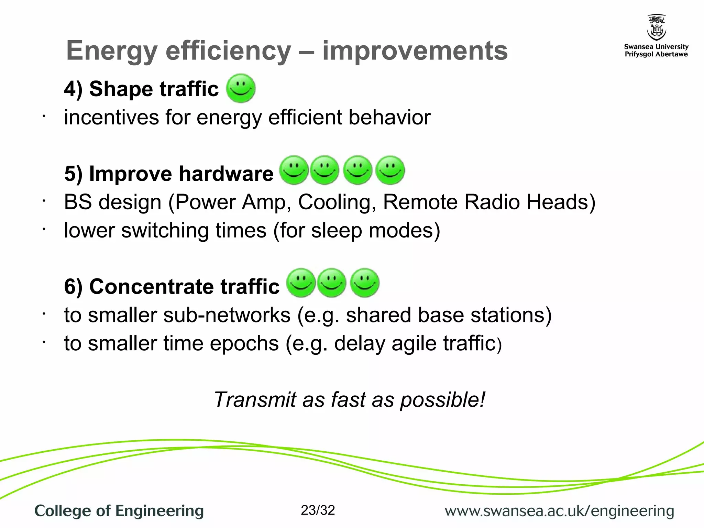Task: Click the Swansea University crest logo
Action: [x=656, y=27]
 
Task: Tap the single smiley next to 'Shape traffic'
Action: [x=241, y=88]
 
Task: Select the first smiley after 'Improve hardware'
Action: [x=294, y=170]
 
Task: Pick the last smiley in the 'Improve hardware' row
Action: [x=390, y=170]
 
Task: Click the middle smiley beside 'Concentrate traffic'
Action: [x=331, y=283]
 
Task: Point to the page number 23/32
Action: [x=318, y=510]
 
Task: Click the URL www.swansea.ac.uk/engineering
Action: [x=559, y=511]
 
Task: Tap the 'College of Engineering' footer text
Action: [x=119, y=511]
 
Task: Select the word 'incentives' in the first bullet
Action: [x=111, y=117]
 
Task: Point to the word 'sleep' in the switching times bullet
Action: [x=336, y=230]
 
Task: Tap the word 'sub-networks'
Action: [x=227, y=315]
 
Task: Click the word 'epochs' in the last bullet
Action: [x=244, y=343]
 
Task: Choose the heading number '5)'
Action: [x=73, y=174]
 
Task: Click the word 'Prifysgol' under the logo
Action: [x=639, y=54]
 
